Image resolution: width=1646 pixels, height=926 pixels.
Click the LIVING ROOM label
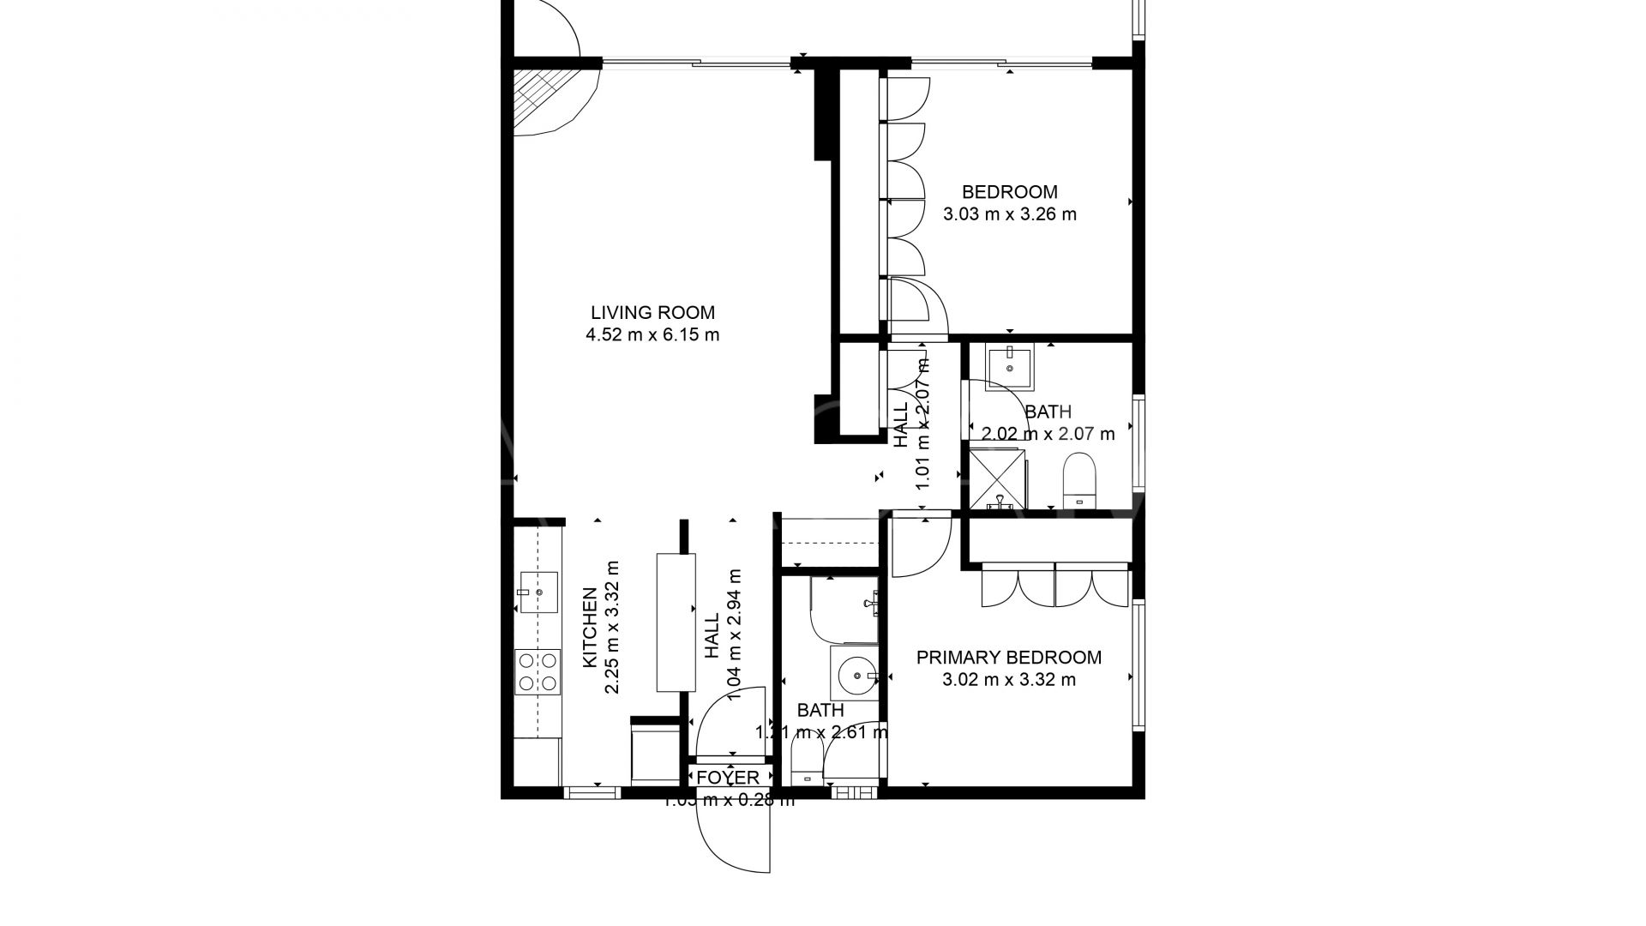pyautogui.click(x=652, y=313)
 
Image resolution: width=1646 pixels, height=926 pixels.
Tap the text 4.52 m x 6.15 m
pyautogui.click(x=652, y=335)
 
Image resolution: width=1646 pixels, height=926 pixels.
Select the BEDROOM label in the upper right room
pyautogui.click(x=1009, y=192)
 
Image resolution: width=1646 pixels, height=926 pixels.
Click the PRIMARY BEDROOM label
pyautogui.click(x=1009, y=658)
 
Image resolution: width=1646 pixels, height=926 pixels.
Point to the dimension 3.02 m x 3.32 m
pyautogui.click(x=1009, y=681)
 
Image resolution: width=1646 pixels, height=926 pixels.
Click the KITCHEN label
pyautogui.click(x=590, y=628)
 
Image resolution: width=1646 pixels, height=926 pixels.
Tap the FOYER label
pyautogui.click(x=728, y=778)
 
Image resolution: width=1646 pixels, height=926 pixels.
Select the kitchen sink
pyautogui.click(x=538, y=592)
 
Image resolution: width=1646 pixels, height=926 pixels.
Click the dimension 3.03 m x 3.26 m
pyautogui.click(x=1009, y=214)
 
